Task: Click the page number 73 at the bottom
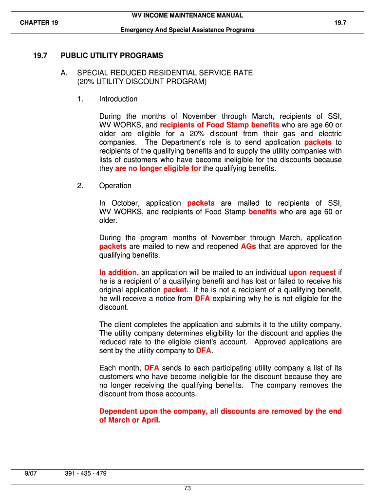point(187,488)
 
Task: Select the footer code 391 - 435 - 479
point(86,474)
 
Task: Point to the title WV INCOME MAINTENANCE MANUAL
point(187,16)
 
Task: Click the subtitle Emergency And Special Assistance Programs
point(187,30)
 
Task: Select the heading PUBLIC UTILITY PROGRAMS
point(112,56)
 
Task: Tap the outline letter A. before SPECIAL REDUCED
point(64,73)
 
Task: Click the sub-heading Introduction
point(118,99)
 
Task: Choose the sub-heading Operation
point(115,186)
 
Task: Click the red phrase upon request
point(312,272)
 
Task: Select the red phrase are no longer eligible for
point(158,169)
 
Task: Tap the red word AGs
point(248,247)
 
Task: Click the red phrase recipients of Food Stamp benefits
point(220,125)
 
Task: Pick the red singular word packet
point(174,290)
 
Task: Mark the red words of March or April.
point(130,420)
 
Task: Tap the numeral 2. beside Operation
point(80,186)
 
